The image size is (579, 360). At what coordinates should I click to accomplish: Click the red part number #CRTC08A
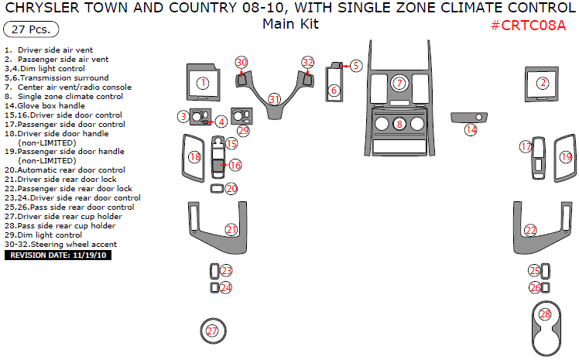pyautogui.click(x=528, y=26)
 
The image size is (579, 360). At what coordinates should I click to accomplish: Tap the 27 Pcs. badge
pyautogui.click(x=31, y=29)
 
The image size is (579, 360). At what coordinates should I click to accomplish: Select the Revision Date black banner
pyautogui.click(x=58, y=255)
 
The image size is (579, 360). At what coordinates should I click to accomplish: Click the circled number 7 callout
pyautogui.click(x=399, y=83)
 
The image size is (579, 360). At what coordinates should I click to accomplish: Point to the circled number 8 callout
pyautogui.click(x=399, y=124)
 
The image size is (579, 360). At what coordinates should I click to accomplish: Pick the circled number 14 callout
pyautogui.click(x=471, y=129)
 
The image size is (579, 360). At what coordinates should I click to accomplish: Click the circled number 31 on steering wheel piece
pyautogui.click(x=274, y=99)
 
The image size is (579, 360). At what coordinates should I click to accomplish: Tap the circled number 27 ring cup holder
pyautogui.click(x=212, y=331)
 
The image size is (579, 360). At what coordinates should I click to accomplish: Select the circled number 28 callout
pyautogui.click(x=546, y=314)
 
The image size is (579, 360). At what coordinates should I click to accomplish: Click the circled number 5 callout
pyautogui.click(x=356, y=66)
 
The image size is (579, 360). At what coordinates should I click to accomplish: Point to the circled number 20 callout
pyautogui.click(x=231, y=189)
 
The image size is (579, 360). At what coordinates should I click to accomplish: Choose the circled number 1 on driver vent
pyautogui.click(x=203, y=83)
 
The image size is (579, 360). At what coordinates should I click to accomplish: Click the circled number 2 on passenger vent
pyautogui.click(x=543, y=83)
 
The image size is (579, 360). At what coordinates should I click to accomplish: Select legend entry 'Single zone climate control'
pyautogui.click(x=63, y=96)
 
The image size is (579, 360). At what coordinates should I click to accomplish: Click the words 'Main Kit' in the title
pyautogui.click(x=290, y=24)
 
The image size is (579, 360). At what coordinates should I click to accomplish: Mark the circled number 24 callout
pyautogui.click(x=226, y=288)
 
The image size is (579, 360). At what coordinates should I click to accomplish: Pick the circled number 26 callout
pyautogui.click(x=535, y=288)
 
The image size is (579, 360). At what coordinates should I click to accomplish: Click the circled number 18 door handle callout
pyautogui.click(x=195, y=157)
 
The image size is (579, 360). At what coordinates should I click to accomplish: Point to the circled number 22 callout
pyautogui.click(x=531, y=231)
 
